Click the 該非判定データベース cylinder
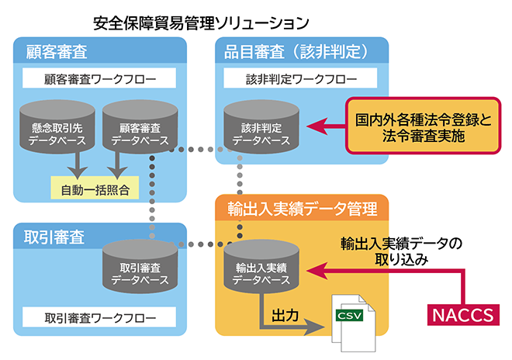[257, 129]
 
